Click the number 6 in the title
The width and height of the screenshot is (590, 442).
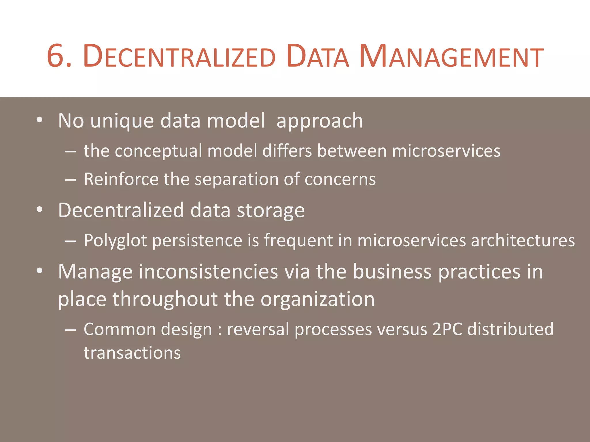point(55,56)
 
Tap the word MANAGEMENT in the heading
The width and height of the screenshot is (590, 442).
point(451,56)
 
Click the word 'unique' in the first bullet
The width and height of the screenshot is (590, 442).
point(122,121)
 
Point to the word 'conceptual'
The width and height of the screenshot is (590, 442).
point(158,151)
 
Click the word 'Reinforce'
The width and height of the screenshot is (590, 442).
point(121,179)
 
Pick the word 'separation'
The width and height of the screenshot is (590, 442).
point(237,180)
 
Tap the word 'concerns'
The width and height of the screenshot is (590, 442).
point(340,179)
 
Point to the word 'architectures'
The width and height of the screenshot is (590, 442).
point(523,240)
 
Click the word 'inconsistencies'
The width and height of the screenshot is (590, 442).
point(208,272)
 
